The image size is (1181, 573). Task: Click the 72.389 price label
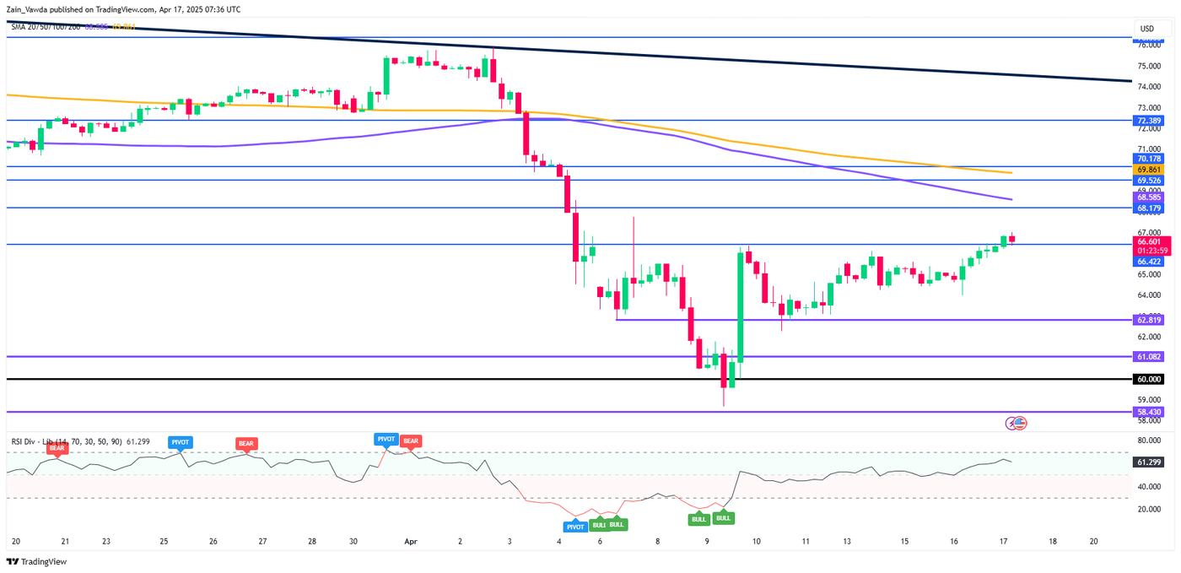1150,121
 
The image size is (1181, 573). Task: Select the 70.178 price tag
1150,158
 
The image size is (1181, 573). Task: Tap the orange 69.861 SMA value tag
1150,170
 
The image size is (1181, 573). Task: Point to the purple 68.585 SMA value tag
1150,197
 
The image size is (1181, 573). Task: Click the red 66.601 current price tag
1150,241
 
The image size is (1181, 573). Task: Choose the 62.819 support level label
1150,320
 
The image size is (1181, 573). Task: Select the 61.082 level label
1150,357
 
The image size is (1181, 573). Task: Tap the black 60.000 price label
1150,379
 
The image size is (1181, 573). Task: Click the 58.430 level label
1150,412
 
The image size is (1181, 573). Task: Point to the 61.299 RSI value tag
1150,462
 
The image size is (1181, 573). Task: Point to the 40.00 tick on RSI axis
1149,487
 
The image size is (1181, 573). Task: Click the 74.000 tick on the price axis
1149,87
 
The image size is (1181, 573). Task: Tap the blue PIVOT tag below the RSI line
574,526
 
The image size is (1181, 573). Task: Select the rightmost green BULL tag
723,517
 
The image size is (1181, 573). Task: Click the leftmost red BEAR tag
57,448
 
